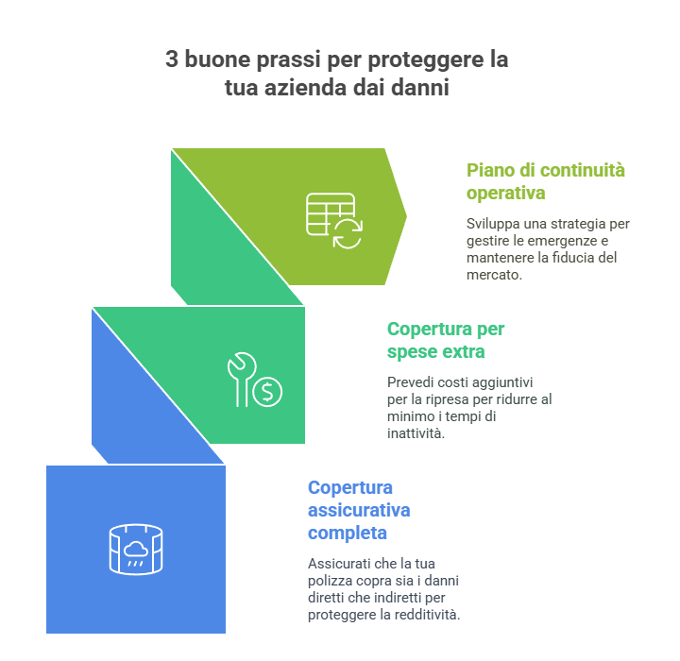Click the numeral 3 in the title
point(172,59)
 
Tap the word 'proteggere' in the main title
point(426,60)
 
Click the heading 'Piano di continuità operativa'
point(546,182)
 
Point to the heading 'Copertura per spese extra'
point(446,341)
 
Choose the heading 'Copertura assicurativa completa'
point(359,511)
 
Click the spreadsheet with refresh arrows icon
point(334,221)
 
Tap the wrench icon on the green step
point(241,379)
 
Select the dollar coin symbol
point(267,392)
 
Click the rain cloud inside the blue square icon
point(136,553)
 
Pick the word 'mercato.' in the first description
point(494,275)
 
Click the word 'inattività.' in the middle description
point(416,433)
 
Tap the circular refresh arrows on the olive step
point(348,234)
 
